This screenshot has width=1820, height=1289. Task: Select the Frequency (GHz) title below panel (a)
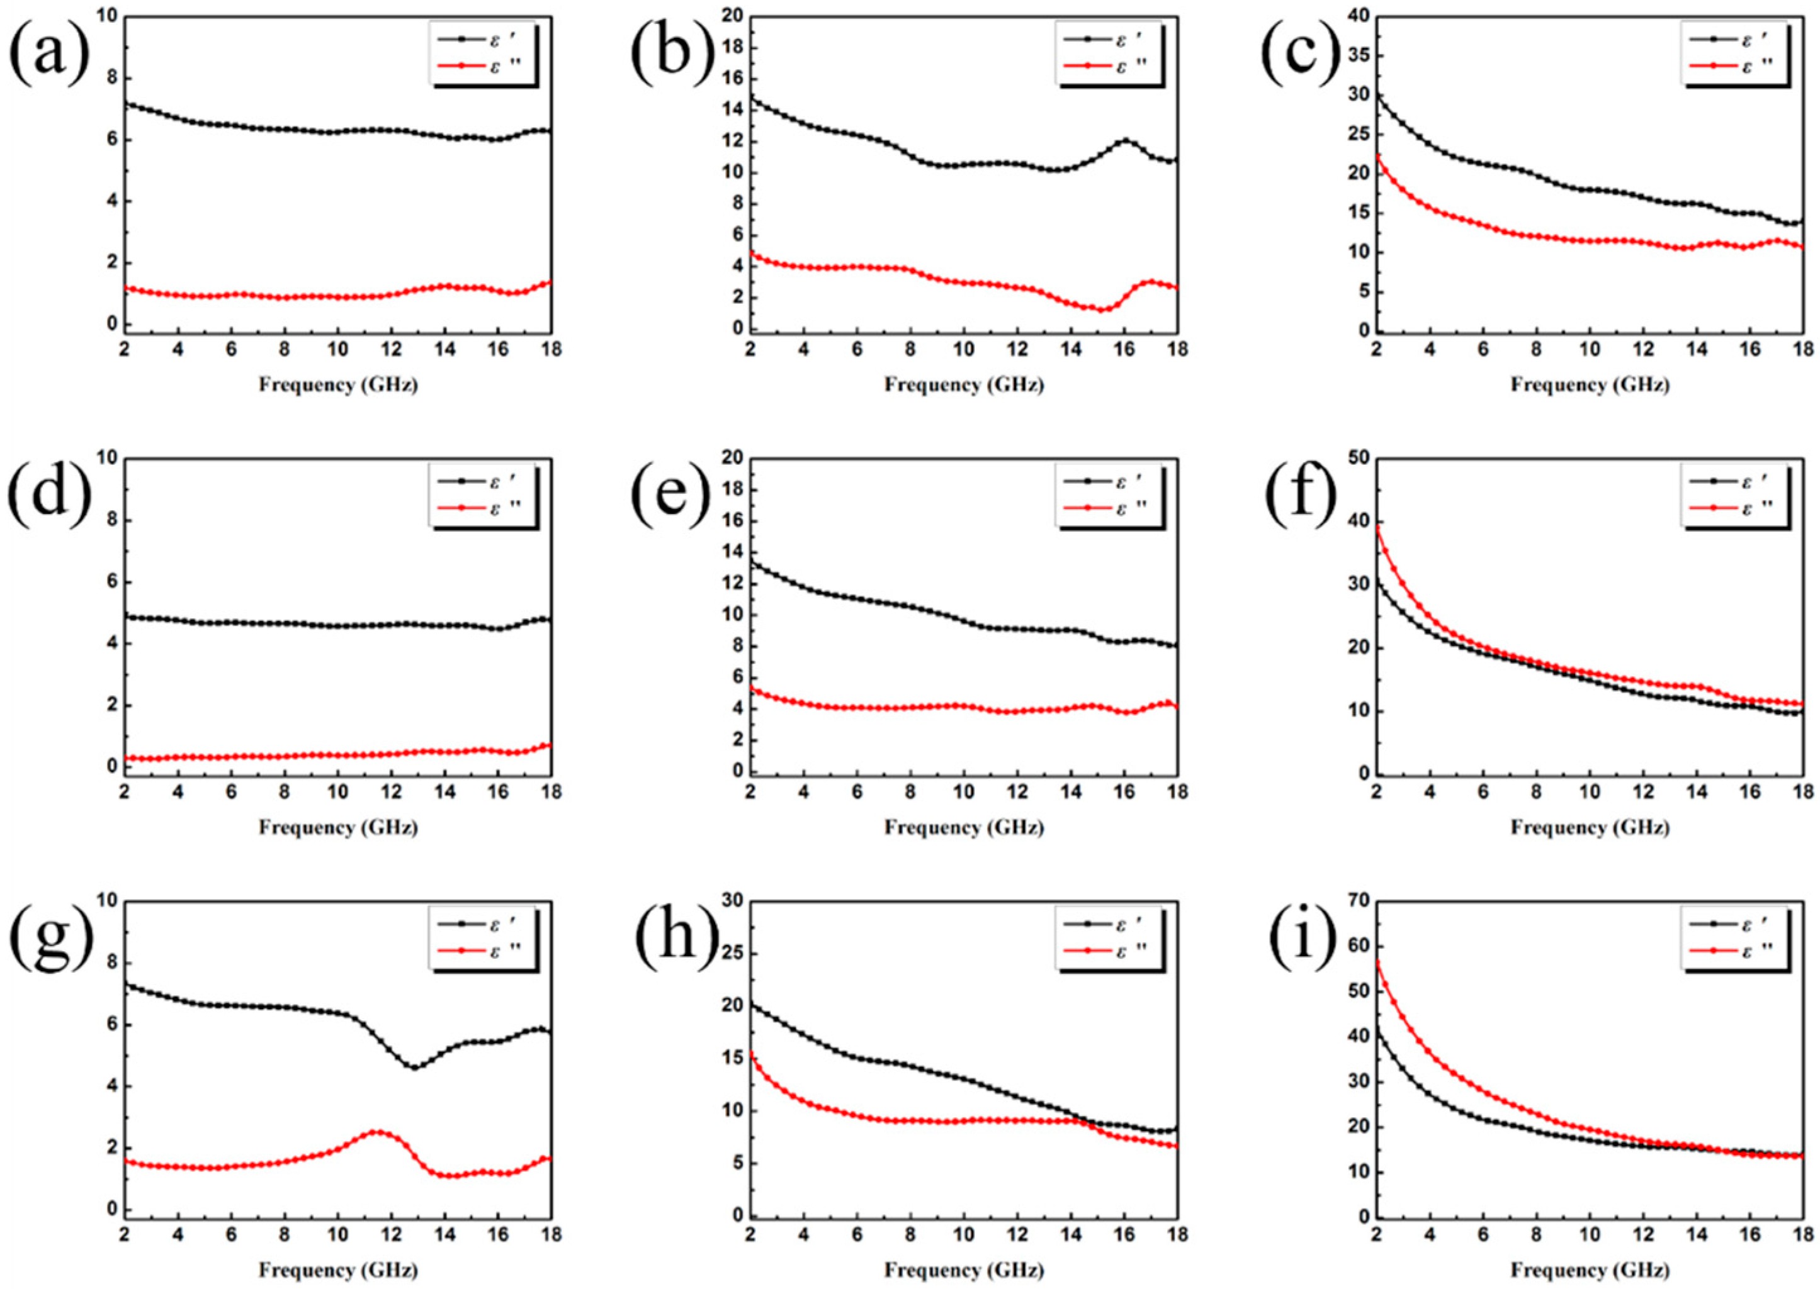click(x=338, y=385)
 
